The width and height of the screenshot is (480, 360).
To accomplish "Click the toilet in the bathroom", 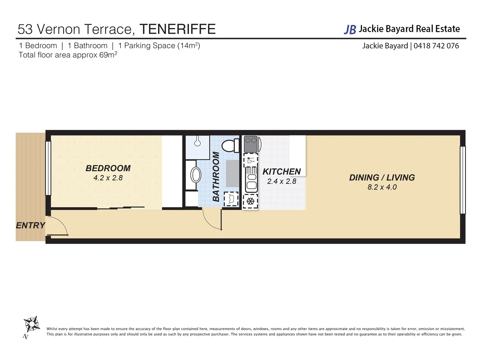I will [230, 146].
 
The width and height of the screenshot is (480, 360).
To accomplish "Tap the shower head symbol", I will [198, 143].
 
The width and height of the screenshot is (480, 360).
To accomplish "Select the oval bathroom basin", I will [196, 175].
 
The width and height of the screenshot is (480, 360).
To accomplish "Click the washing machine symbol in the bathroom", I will [231, 199].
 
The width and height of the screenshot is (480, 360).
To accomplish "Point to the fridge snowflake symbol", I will [250, 201].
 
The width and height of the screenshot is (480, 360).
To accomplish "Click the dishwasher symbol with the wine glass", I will [251, 160].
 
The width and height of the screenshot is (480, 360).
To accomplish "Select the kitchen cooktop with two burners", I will [251, 144].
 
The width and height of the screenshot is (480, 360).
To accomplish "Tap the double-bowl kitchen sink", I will [251, 180].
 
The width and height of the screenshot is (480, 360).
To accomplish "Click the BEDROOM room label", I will [108, 168].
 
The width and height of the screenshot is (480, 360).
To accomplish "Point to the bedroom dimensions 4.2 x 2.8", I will [108, 178].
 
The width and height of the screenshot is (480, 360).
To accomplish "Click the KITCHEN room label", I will [282, 172].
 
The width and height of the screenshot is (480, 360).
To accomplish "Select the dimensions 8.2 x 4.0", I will [382, 187].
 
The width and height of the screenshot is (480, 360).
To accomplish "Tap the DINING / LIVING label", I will [382, 178].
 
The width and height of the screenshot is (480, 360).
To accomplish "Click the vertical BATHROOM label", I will [216, 177].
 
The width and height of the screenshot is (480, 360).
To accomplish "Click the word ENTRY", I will [30, 226].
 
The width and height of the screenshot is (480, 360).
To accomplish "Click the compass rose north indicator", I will [31, 324].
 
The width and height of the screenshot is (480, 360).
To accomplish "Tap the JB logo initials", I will [350, 30].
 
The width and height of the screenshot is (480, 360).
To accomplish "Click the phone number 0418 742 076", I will [436, 46].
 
